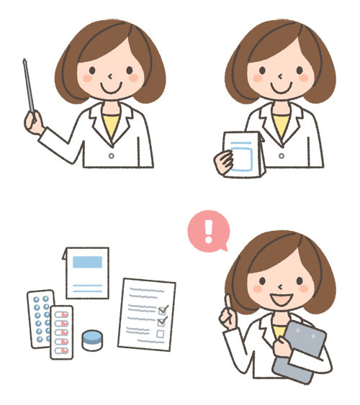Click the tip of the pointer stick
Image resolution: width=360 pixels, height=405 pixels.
(24, 60)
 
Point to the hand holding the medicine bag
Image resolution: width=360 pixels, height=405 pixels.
(221, 165)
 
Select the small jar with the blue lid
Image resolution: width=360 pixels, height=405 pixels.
(91, 340)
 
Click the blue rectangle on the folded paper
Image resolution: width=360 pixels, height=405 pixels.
(87, 262)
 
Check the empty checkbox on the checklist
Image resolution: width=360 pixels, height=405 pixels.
(161, 333)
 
